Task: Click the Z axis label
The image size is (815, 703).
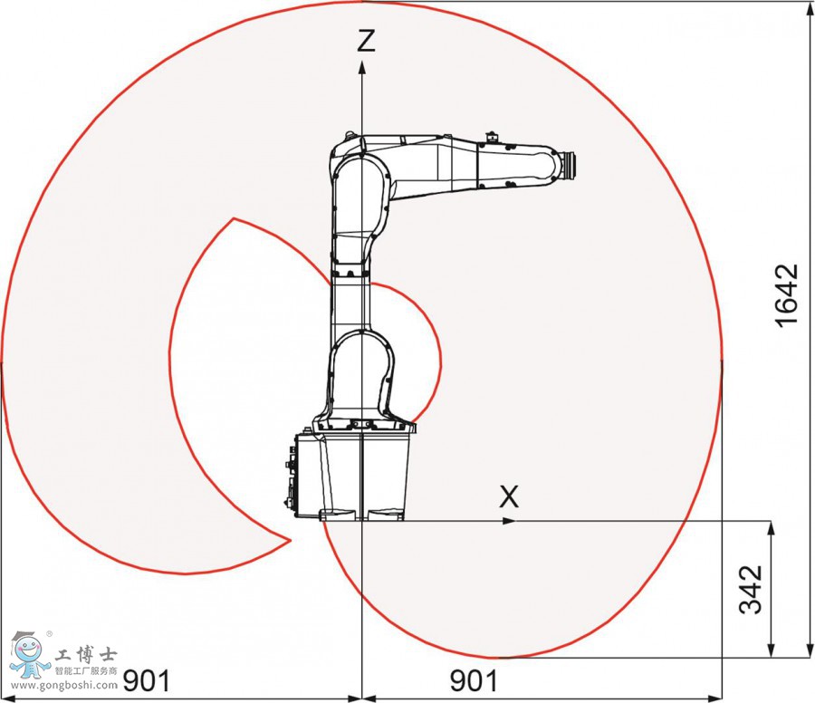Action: coord(365,40)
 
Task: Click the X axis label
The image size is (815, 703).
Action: coord(510,496)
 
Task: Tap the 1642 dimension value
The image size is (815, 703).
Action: coord(786,295)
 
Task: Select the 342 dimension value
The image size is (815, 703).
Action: coord(750,590)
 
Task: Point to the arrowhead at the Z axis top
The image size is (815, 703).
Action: coord(361,65)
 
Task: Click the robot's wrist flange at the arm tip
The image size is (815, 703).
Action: coord(570,164)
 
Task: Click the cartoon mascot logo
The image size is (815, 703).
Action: coord(28,654)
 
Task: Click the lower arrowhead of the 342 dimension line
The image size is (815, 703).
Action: coord(771,650)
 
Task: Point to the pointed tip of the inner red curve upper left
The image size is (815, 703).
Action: coord(234,218)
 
